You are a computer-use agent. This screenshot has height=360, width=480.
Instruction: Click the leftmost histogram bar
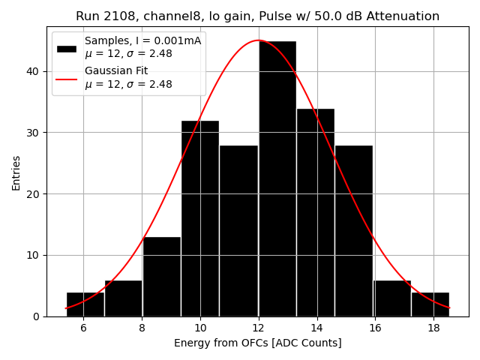pyautogui.click(x=85, y=304)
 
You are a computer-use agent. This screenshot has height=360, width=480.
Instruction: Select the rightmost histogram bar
pyautogui.click(x=430, y=304)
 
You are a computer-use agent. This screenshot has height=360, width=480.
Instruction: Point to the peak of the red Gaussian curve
pyautogui.click(x=258, y=40)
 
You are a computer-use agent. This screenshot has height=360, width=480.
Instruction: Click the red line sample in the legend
pyautogui.click(x=66, y=78)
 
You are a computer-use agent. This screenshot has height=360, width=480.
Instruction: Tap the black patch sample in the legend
pyautogui.click(x=66, y=48)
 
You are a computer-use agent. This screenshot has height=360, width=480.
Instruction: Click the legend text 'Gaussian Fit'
pyautogui.click(x=116, y=71)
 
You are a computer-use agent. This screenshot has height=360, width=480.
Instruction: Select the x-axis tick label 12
pyautogui.click(x=258, y=328)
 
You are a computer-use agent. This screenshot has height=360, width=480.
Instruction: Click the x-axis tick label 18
pyautogui.click(x=433, y=328)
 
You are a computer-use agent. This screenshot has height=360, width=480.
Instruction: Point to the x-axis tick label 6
pyautogui.click(x=83, y=328)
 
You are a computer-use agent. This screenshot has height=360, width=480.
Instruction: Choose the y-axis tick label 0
pyautogui.click(x=37, y=316)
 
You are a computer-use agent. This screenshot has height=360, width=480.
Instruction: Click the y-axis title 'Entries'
pyautogui.click(x=16, y=172)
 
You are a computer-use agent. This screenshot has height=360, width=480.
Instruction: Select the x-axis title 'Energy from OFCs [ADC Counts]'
pyautogui.click(x=258, y=343)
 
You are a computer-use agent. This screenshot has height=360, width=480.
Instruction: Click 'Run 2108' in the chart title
pyautogui.click(x=102, y=16)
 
